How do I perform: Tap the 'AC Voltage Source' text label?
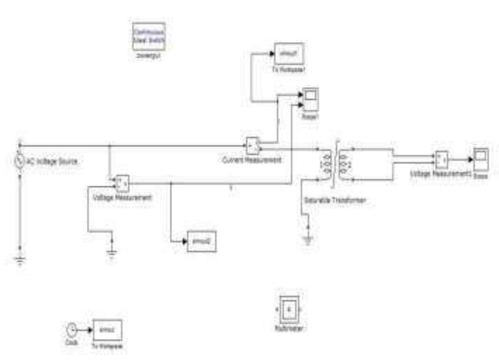pyautogui.click(x=53, y=162)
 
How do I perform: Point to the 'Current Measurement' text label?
pyautogui.click(x=252, y=160)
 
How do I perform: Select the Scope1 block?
pyautogui.click(x=310, y=99)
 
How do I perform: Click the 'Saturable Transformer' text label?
pyautogui.click(x=334, y=201)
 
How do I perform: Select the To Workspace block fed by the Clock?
pyautogui.click(x=107, y=330)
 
